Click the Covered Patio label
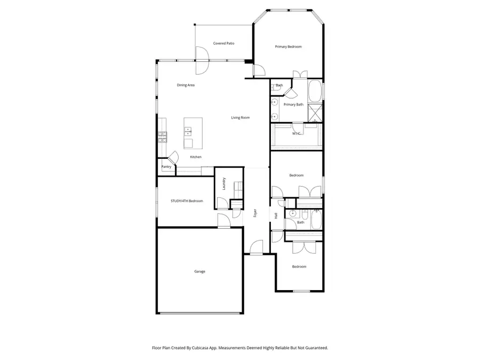click(x=223, y=43)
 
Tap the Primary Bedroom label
click(x=288, y=47)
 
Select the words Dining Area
click(x=186, y=85)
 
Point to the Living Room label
click(x=240, y=117)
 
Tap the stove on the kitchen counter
click(x=162, y=138)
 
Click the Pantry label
click(x=166, y=167)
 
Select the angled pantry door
click(x=173, y=157)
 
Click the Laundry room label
click(x=224, y=183)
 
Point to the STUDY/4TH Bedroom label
click(x=187, y=201)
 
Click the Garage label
click(x=199, y=271)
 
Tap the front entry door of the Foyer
click(x=257, y=248)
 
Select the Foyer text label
click(x=255, y=213)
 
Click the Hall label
click(x=276, y=215)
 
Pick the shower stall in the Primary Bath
click(x=316, y=113)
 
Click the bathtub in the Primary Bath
click(x=315, y=91)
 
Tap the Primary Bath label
click(x=293, y=105)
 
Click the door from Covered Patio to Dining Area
click(x=201, y=60)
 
